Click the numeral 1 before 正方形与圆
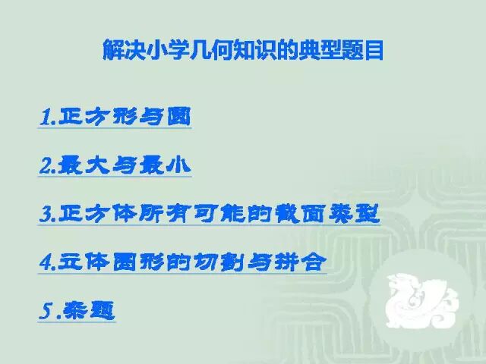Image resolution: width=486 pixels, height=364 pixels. coord(44,118)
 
